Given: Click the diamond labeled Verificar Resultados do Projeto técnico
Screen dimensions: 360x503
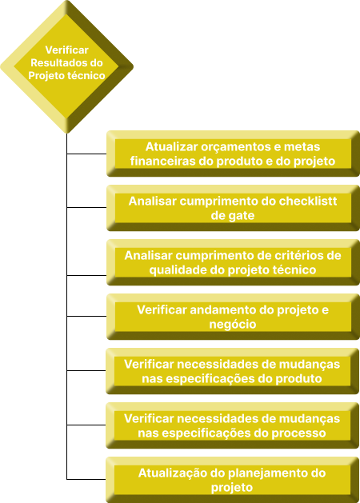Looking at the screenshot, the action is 66,66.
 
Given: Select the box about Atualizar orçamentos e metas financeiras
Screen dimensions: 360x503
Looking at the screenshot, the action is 233,154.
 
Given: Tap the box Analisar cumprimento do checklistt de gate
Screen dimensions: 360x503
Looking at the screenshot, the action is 233,208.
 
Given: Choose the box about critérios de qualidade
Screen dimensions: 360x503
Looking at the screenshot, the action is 233,262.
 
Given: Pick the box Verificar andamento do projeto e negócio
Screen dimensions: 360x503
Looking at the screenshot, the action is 233,317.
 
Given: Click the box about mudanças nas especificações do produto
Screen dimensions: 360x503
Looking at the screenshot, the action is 232,371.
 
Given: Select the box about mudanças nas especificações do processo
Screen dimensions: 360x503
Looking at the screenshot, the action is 232,425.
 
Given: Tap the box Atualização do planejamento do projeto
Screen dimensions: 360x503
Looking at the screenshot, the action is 232,480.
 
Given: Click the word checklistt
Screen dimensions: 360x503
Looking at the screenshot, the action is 308,202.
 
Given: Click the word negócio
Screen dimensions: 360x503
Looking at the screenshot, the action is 233,325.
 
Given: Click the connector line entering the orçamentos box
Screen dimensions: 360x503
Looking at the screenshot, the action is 86,154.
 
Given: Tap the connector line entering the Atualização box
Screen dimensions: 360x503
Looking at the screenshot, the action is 86,479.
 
